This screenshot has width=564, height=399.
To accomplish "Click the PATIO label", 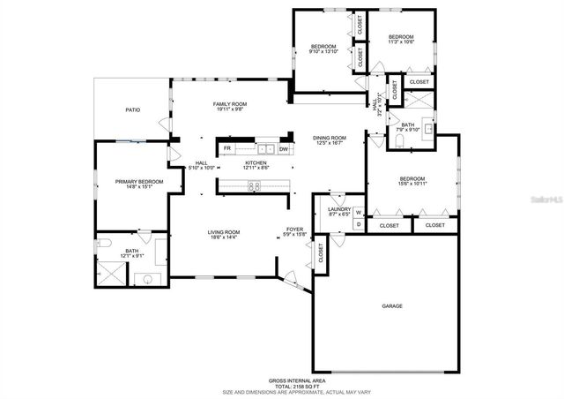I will [x=132, y=110].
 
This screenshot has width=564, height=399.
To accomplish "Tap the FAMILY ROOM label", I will [x=229, y=104].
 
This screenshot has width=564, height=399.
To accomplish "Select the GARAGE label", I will [x=392, y=306].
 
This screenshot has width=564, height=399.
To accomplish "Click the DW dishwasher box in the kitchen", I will [x=284, y=149].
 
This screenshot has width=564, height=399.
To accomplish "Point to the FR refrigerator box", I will [x=227, y=149].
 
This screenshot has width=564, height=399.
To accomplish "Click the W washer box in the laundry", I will [x=359, y=212].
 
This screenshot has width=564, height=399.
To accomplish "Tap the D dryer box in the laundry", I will [x=359, y=224].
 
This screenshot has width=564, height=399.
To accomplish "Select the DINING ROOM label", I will [x=330, y=138].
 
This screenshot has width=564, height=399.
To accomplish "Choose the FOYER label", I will [x=294, y=230].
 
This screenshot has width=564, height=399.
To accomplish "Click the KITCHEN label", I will [x=256, y=163].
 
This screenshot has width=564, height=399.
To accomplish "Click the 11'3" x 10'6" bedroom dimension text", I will [x=401, y=41].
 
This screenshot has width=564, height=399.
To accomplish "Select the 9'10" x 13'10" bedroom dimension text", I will [x=324, y=51].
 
